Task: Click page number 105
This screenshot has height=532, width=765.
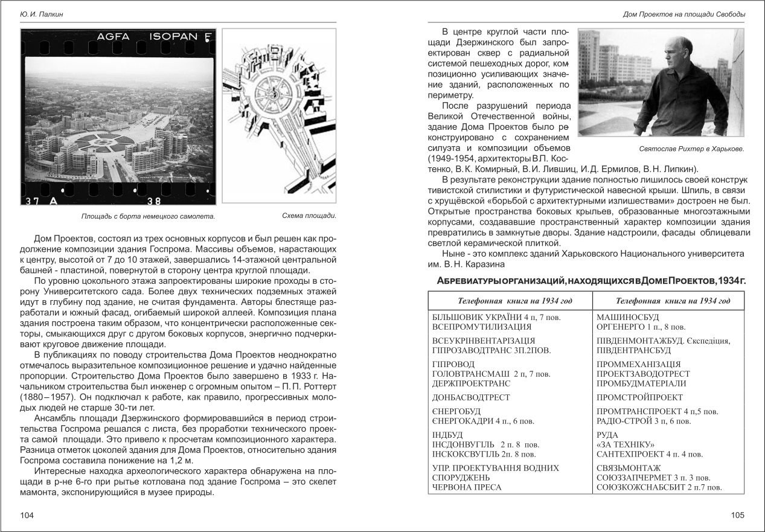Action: [x=737, y=515]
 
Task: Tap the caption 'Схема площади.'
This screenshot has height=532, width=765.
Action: [x=309, y=216]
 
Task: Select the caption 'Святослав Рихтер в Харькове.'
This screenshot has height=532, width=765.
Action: [x=690, y=149]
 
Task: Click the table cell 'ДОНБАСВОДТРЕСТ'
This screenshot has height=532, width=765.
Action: [x=471, y=397]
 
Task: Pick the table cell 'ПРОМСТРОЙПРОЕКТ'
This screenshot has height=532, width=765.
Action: [x=639, y=397]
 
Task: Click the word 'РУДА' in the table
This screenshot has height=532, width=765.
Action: [x=607, y=435]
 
